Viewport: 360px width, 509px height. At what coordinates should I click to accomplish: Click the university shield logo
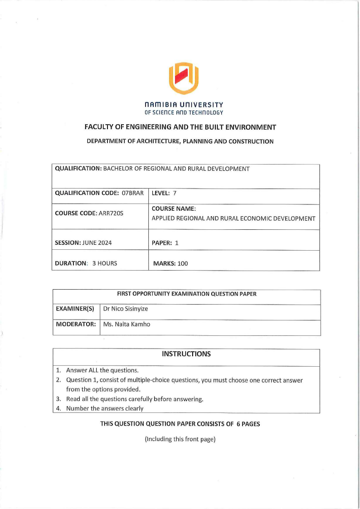184,78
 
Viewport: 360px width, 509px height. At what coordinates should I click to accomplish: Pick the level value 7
175,193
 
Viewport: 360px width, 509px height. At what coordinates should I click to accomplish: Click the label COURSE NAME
174,209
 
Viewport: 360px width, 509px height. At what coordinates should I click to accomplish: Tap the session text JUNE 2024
97,242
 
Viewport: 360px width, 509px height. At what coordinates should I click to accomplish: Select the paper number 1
177,242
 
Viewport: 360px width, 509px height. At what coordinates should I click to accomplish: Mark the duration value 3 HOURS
104,263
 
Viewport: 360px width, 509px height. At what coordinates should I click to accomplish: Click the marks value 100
182,263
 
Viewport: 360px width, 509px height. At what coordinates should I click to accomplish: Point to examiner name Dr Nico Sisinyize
126,309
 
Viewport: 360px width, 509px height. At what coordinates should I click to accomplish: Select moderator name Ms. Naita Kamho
126,325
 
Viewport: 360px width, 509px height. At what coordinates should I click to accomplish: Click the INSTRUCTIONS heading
186,354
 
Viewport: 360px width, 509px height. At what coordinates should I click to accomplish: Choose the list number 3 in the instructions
58,399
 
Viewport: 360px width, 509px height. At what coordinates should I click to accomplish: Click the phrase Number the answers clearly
105,408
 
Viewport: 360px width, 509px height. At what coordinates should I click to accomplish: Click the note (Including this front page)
180,440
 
